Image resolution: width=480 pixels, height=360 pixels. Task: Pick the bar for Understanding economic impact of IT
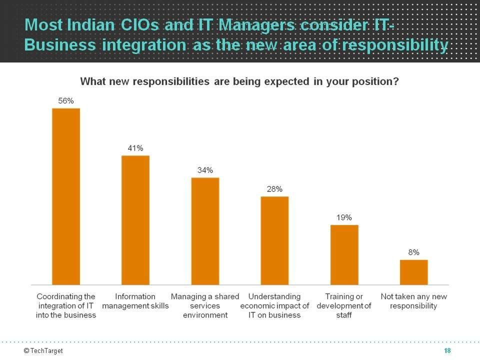tap(274, 240)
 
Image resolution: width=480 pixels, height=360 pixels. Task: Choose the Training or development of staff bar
tap(344, 254)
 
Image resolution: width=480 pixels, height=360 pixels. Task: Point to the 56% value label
tap(66, 101)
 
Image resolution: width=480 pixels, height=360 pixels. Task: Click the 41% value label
tap(135, 148)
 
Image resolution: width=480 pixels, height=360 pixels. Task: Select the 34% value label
tap(205, 170)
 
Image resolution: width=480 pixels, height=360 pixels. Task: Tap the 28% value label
tap(274, 189)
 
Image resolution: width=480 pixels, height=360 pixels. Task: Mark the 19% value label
tap(344, 217)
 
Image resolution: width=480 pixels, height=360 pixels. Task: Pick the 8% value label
tap(413, 252)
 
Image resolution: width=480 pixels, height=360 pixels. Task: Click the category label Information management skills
tap(135, 301)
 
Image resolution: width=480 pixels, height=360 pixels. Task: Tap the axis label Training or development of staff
tap(344, 305)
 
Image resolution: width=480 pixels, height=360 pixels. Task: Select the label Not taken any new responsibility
tap(413, 301)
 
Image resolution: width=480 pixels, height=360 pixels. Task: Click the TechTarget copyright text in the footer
tap(43, 351)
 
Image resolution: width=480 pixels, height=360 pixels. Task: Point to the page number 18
tap(447, 351)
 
